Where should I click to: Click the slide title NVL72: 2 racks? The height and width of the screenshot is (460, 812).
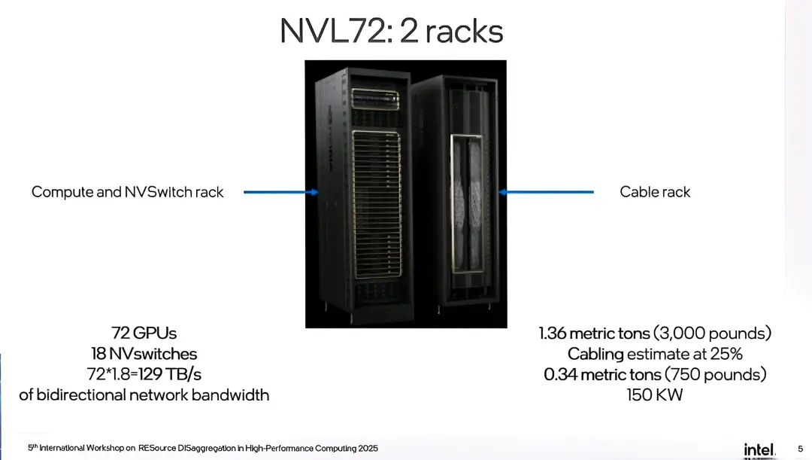pos(391,31)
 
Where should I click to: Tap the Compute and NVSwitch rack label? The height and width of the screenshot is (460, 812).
pos(127,192)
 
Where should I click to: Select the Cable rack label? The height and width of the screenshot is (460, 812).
pos(655,192)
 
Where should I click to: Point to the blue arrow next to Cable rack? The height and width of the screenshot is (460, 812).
pos(546,192)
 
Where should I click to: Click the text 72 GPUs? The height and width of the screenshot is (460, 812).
pos(144,332)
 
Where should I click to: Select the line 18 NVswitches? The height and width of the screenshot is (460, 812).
pos(144,353)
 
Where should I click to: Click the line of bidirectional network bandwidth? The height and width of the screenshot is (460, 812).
pos(144,395)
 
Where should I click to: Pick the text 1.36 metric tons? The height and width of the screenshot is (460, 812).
pos(594,333)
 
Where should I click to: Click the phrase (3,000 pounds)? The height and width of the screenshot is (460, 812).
pos(712,333)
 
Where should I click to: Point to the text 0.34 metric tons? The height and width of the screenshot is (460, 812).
pos(599,374)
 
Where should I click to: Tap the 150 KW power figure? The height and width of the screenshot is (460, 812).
pos(655,395)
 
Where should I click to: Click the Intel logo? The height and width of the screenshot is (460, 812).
pos(759,449)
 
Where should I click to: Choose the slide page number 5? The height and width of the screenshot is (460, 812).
pos(799,449)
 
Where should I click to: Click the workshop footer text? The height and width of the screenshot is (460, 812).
pos(203,448)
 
